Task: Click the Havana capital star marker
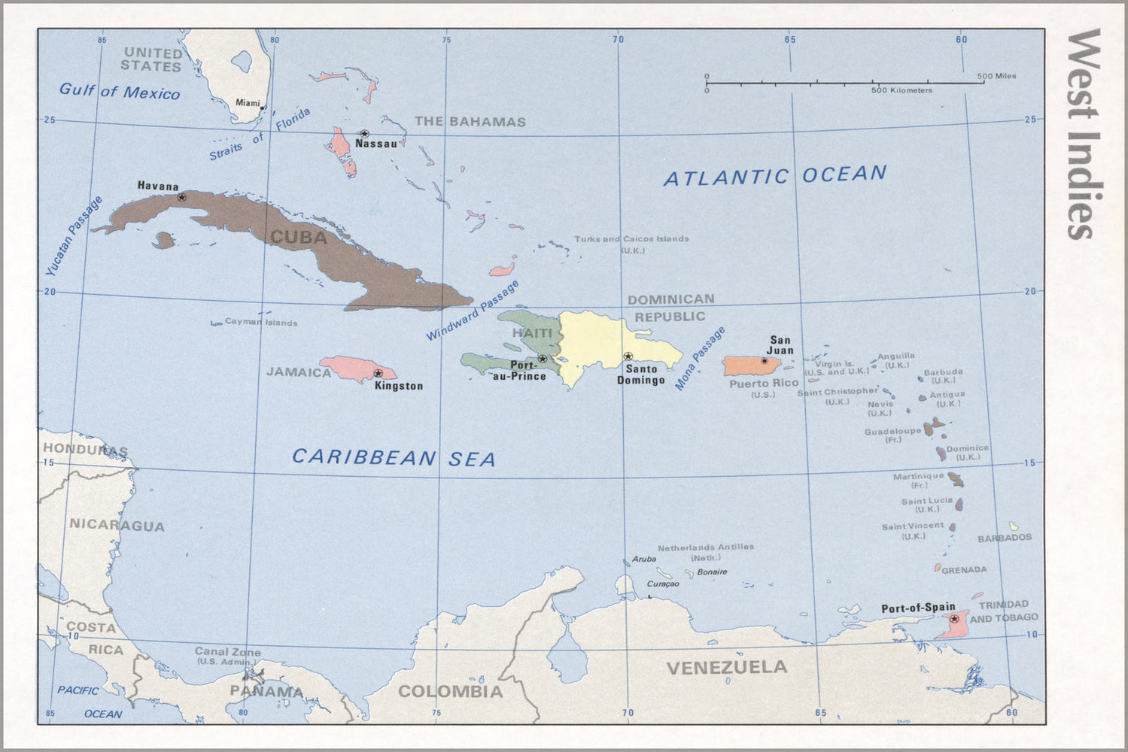click(181, 197)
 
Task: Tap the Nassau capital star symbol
click(364, 134)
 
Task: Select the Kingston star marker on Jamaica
click(378, 373)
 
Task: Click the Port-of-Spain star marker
click(954, 619)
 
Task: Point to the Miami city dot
click(262, 108)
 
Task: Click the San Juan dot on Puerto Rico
click(765, 361)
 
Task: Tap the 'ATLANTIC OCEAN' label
click(775, 176)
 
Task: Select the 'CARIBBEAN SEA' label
click(394, 457)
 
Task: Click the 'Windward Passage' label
click(473, 310)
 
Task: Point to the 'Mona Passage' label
click(700, 358)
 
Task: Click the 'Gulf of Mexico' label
click(120, 92)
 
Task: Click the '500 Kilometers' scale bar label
click(901, 90)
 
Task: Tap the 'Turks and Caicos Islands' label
click(631, 239)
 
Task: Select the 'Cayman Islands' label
click(261, 323)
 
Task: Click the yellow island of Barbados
click(1014, 526)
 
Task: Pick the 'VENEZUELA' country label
click(726, 667)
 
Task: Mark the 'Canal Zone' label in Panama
click(228, 652)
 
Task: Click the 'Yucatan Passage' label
click(73, 236)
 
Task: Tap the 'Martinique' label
click(918, 476)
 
